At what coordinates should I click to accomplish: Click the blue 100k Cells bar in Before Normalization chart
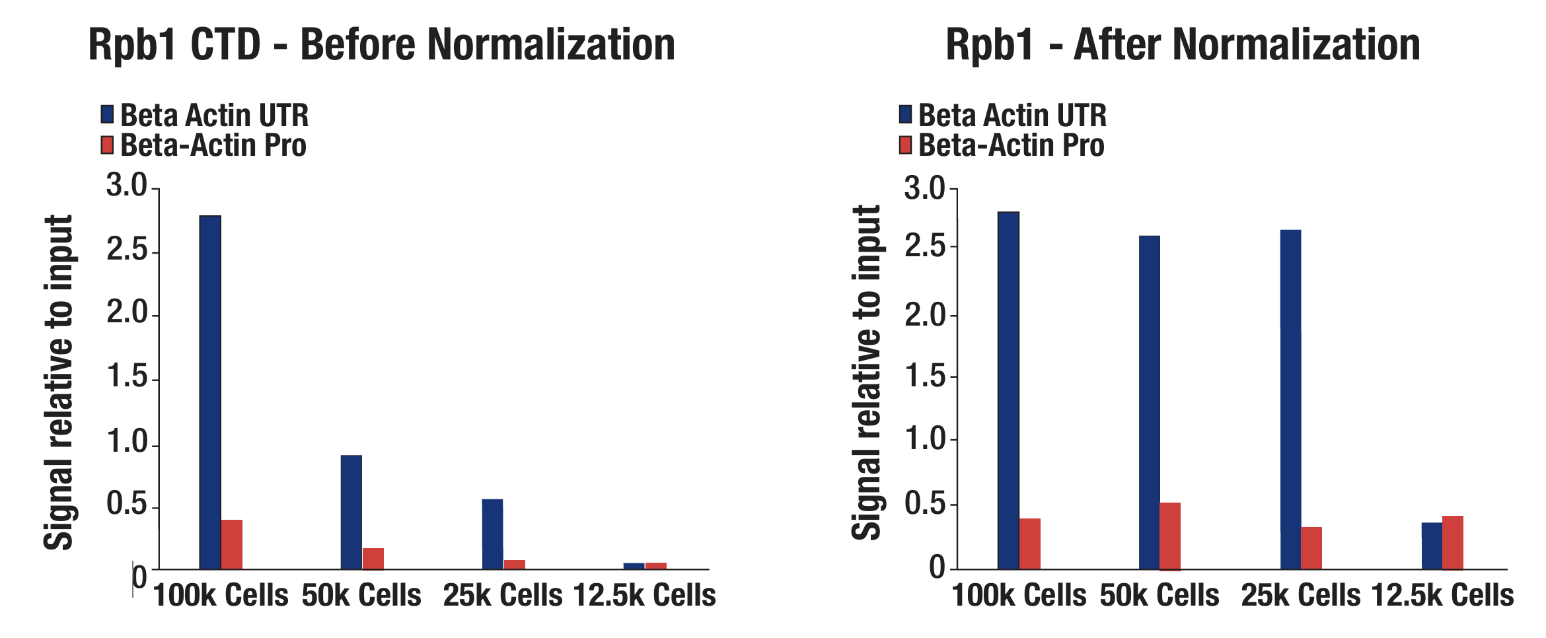pyautogui.click(x=210, y=392)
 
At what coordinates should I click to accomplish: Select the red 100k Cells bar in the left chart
pyautogui.click(x=232, y=544)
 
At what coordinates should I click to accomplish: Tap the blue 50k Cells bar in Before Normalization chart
pyautogui.click(x=351, y=512)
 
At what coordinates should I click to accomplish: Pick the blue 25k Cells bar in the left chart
pyautogui.click(x=492, y=534)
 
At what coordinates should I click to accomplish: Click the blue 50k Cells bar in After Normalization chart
pyautogui.click(x=1150, y=402)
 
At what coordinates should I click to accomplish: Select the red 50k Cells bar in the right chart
pyautogui.click(x=1170, y=536)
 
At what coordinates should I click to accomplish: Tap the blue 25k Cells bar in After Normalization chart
pyautogui.click(x=1290, y=399)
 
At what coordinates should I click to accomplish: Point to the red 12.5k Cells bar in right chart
pyautogui.click(x=1453, y=542)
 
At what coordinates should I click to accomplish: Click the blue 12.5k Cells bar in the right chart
pyautogui.click(x=1432, y=546)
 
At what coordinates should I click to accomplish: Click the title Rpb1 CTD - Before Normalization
pyautogui.click(x=382, y=45)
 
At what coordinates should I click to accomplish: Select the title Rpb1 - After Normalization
pyautogui.click(x=1183, y=45)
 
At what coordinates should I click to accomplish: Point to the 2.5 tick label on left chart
pyautogui.click(x=127, y=250)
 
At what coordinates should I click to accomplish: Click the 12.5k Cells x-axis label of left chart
pyautogui.click(x=644, y=596)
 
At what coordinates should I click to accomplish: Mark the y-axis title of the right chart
pyautogui.click(x=866, y=373)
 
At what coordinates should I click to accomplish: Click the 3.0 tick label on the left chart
pyautogui.click(x=127, y=186)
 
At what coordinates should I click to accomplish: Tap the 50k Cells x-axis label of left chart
pyautogui.click(x=361, y=596)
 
